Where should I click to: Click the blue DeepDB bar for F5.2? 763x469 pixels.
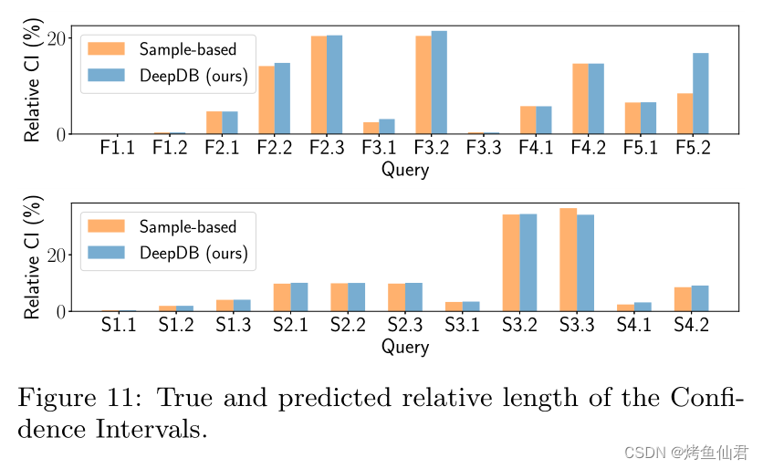700,94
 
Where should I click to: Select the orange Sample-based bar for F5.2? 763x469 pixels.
685,114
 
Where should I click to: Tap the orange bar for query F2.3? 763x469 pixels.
319,85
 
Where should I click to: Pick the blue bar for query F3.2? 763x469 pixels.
439,83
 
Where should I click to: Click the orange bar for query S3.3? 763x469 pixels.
569,260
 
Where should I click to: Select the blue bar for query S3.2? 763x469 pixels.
528,263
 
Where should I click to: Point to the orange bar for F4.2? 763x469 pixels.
580,99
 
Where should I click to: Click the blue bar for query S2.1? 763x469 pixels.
298,297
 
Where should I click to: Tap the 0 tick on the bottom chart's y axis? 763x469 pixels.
62,312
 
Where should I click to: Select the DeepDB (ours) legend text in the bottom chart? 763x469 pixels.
193,253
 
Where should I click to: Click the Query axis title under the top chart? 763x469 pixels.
404,169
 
